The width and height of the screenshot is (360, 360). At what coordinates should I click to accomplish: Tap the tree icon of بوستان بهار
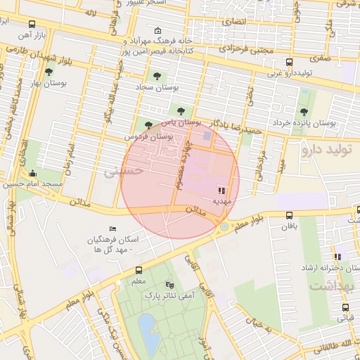(48, 72)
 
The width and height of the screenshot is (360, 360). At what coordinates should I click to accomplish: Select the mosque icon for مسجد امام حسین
(32, 174)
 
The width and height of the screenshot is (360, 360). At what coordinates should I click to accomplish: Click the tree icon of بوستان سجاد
(156, 76)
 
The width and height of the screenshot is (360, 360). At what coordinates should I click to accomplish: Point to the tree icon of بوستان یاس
(182, 111)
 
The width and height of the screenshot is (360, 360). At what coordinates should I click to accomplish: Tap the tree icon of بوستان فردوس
(148, 125)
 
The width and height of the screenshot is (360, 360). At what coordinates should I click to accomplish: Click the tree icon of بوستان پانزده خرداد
(304, 111)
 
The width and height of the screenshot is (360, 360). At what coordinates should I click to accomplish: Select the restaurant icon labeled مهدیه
(221, 190)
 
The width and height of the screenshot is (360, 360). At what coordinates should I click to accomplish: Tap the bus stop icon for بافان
(290, 216)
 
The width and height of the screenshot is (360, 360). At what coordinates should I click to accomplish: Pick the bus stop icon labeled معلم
(138, 270)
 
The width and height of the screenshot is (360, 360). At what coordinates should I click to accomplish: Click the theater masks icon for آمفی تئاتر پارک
(169, 285)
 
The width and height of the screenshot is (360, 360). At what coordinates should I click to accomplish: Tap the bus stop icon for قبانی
(345, 307)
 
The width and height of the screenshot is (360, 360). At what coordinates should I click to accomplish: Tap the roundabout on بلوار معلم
(224, 226)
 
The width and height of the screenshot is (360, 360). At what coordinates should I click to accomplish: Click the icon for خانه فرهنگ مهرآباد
(157, 30)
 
